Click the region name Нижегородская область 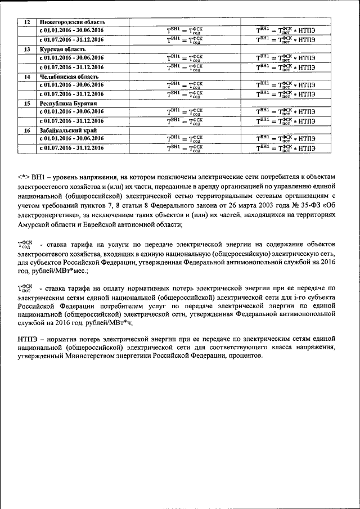tap(72, 21)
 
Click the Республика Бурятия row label tap(69, 103)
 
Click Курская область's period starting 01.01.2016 tap(71, 58)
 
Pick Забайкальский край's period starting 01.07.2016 tap(71, 148)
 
